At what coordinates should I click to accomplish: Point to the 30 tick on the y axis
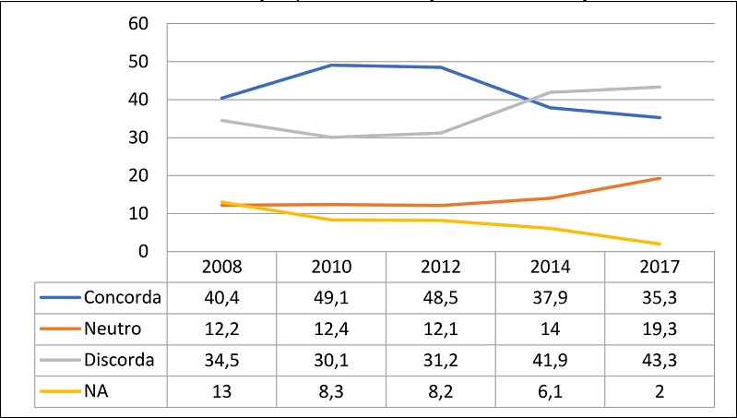click(x=137, y=137)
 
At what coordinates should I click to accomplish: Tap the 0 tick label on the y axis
click(x=142, y=251)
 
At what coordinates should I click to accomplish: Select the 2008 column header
click(x=221, y=269)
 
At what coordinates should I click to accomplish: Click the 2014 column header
click(x=550, y=269)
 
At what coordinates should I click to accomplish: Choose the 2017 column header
click(x=659, y=269)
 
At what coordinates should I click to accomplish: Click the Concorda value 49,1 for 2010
click(x=331, y=299)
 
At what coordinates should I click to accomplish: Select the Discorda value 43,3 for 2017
click(x=659, y=360)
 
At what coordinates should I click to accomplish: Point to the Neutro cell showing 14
click(x=550, y=329)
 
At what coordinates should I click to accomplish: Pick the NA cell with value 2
click(x=659, y=390)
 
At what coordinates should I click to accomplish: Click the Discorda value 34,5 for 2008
click(x=221, y=360)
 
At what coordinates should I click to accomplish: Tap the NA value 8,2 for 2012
click(x=440, y=390)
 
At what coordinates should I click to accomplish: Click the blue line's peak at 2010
click(x=331, y=65)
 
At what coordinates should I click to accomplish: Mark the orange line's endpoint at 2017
click(x=659, y=178)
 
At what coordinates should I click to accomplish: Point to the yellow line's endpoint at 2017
click(x=659, y=244)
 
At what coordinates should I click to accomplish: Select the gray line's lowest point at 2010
click(x=331, y=137)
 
